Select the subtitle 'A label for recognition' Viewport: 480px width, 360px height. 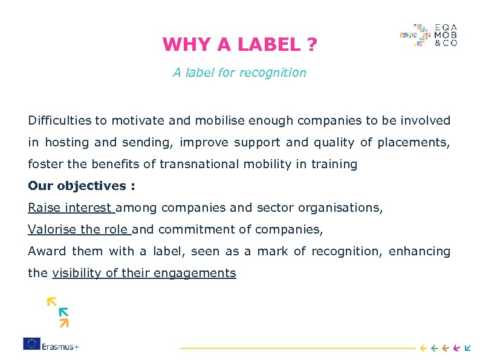(x=239, y=73)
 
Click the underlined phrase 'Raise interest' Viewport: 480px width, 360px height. (x=70, y=208)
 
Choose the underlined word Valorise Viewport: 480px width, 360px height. (x=52, y=229)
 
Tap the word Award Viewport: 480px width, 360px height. (x=47, y=251)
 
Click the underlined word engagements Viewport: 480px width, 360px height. (x=195, y=273)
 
